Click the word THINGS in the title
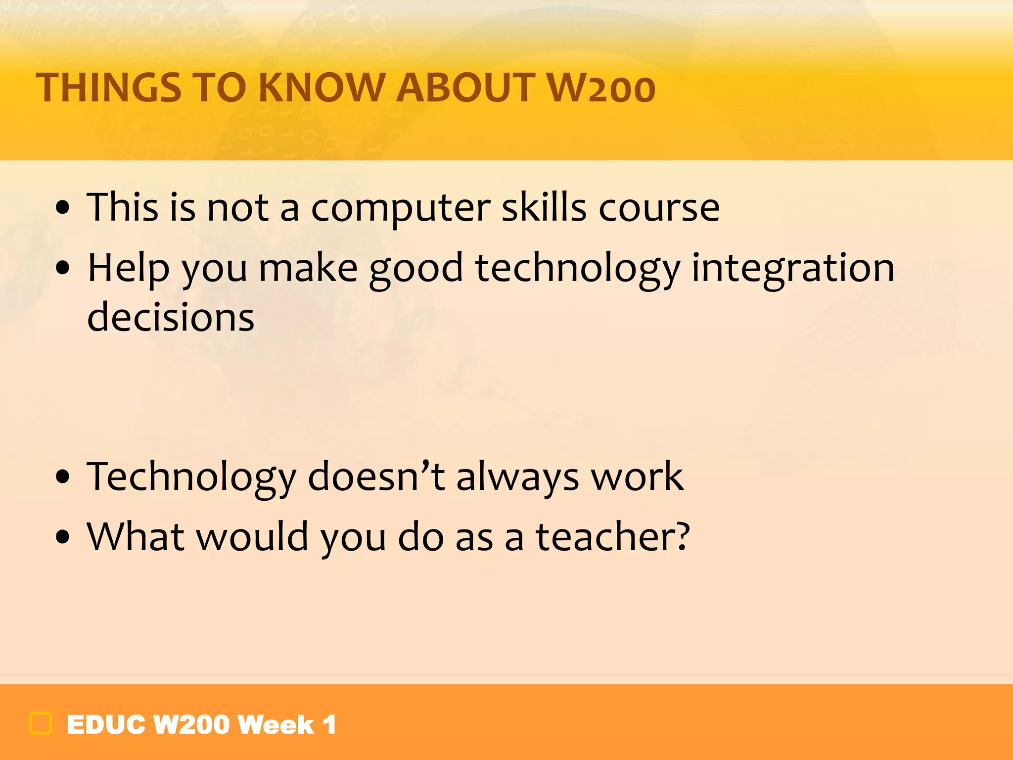point(109,88)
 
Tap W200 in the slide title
point(601,88)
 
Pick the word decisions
point(171,317)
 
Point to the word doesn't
point(376,476)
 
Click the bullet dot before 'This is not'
point(63,208)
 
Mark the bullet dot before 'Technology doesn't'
point(63,477)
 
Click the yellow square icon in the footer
point(41,723)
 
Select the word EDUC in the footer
point(106,725)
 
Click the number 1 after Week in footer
point(329,725)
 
